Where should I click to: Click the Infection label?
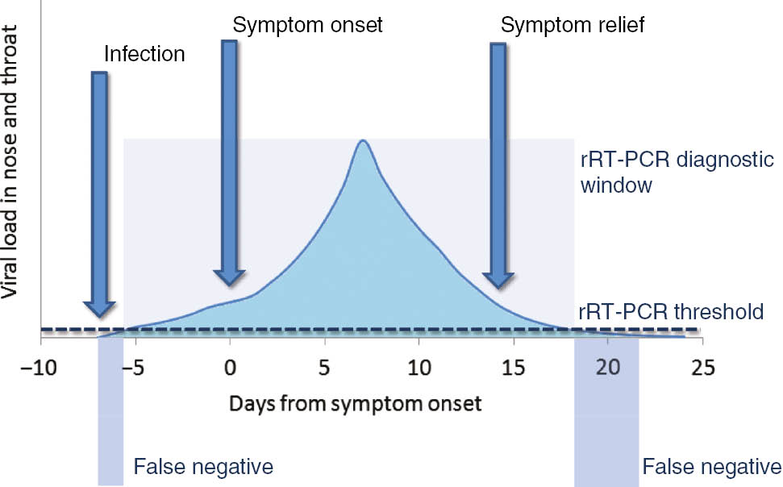[x=145, y=55]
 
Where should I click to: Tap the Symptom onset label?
[x=307, y=25]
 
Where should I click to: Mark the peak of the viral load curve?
[x=364, y=141]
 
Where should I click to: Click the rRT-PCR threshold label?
[x=668, y=311]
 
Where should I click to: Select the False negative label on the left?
[x=203, y=466]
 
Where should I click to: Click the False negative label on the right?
[x=712, y=466]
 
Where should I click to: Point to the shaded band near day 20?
[x=606, y=411]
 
